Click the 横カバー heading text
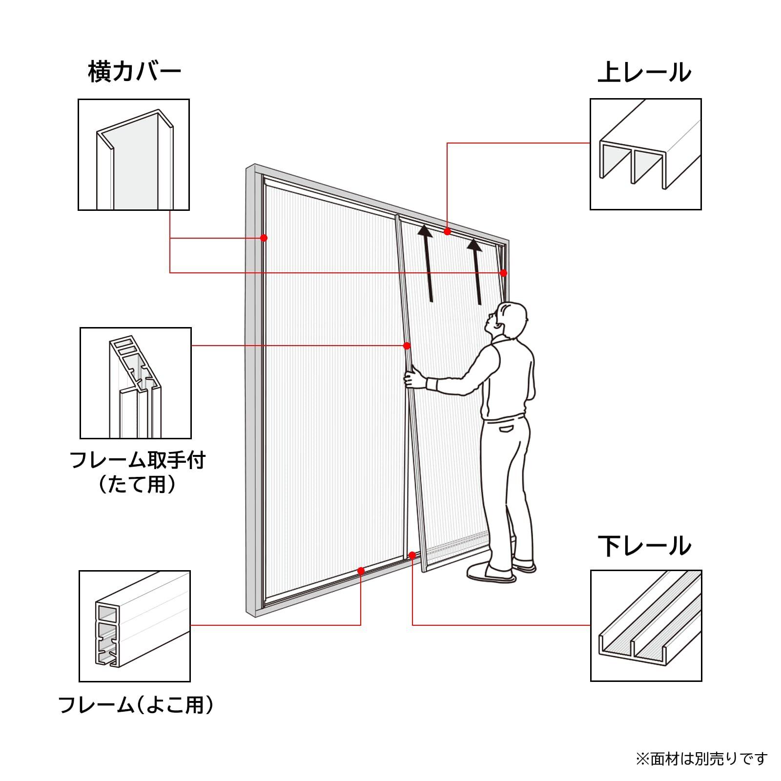(x=135, y=72)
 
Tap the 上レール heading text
(x=644, y=72)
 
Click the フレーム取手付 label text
(x=137, y=460)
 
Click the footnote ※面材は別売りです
(x=701, y=758)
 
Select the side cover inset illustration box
(x=134, y=155)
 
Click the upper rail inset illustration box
(x=645, y=154)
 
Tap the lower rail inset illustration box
(x=646, y=625)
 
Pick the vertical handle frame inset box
(x=135, y=383)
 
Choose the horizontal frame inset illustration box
(x=135, y=626)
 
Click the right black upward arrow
(x=476, y=271)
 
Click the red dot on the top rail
(x=447, y=231)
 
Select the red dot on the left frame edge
(x=264, y=238)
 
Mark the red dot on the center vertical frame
(x=407, y=346)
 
